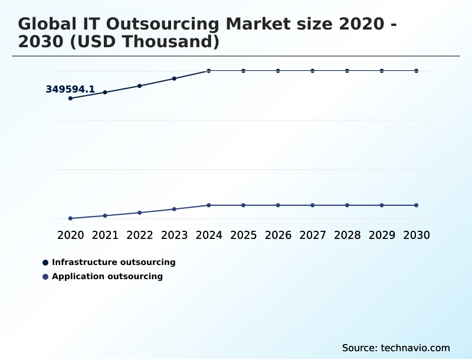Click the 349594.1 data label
70,90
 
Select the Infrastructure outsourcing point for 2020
70,98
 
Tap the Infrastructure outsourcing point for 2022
140,86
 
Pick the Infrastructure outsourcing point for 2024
209,71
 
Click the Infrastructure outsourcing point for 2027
313,71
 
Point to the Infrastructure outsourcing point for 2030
417,71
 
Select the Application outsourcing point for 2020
70,218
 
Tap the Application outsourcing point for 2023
174,209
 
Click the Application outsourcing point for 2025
243,205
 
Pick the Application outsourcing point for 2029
382,205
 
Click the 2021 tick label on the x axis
105,235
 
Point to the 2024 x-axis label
209,235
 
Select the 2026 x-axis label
278,235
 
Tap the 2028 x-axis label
347,235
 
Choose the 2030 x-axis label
417,235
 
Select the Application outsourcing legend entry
107,276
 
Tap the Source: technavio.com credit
396,348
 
